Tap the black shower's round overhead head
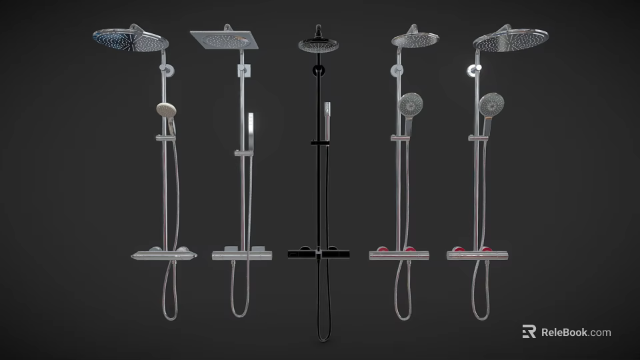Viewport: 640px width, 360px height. coord(317,45)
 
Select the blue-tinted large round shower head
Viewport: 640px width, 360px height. coord(129,41)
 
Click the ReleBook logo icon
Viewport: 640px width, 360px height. coord(529,332)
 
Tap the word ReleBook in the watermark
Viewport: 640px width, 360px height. coord(563,332)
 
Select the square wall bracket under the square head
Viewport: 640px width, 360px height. coord(244,70)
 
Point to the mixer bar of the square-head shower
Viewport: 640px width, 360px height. coord(241,255)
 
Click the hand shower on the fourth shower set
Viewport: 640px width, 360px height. coord(411,105)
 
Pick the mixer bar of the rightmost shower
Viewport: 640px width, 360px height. coord(477,255)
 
